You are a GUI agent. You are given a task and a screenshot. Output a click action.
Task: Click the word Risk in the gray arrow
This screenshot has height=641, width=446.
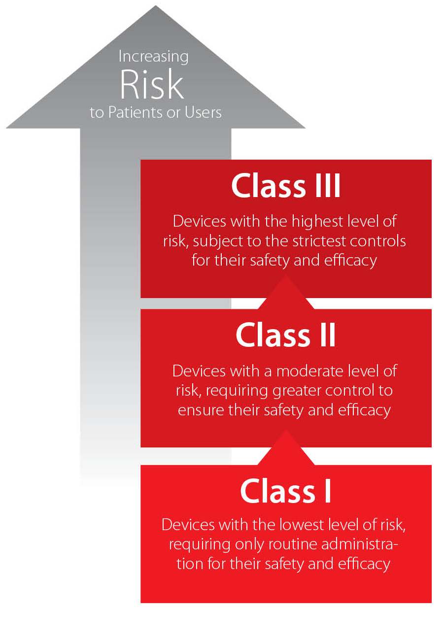pyautogui.click(x=152, y=84)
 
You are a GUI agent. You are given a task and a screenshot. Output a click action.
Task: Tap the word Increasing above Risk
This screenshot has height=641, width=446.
pyautogui.click(x=153, y=57)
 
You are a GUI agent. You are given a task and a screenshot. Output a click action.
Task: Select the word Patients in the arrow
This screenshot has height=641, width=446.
pyautogui.click(x=136, y=112)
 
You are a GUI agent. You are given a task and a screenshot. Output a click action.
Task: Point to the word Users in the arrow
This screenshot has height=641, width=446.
pyautogui.click(x=203, y=112)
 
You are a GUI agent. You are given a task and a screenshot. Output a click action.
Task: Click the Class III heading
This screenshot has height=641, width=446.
pyautogui.click(x=286, y=186)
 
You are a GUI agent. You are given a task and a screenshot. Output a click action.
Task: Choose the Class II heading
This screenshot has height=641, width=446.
pyautogui.click(x=286, y=335)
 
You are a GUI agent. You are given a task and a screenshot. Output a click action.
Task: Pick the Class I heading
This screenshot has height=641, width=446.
pyautogui.click(x=286, y=491)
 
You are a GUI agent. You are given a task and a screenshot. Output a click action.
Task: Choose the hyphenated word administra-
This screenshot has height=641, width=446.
pyautogui.click(x=360, y=544)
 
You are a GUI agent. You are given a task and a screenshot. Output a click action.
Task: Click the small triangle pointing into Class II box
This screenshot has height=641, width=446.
pyautogui.click(x=286, y=447)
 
